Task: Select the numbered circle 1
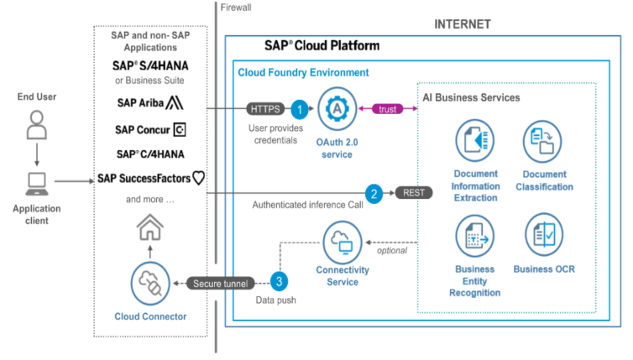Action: click(299, 108)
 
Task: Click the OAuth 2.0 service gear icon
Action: click(336, 109)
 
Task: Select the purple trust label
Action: click(388, 108)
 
